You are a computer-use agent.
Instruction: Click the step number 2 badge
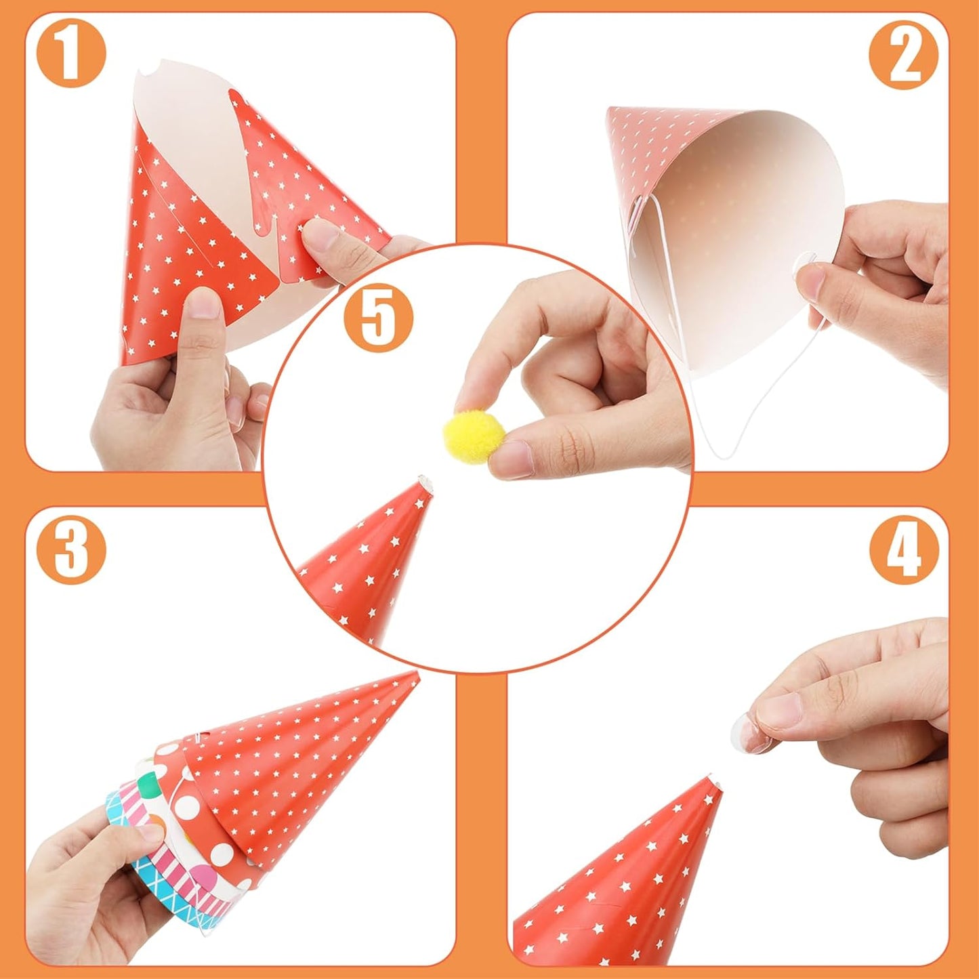pos(904,55)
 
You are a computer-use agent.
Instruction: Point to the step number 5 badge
pos(378,317)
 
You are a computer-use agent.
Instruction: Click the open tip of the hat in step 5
pos(424,482)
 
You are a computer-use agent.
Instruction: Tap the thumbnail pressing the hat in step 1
pos(205,304)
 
